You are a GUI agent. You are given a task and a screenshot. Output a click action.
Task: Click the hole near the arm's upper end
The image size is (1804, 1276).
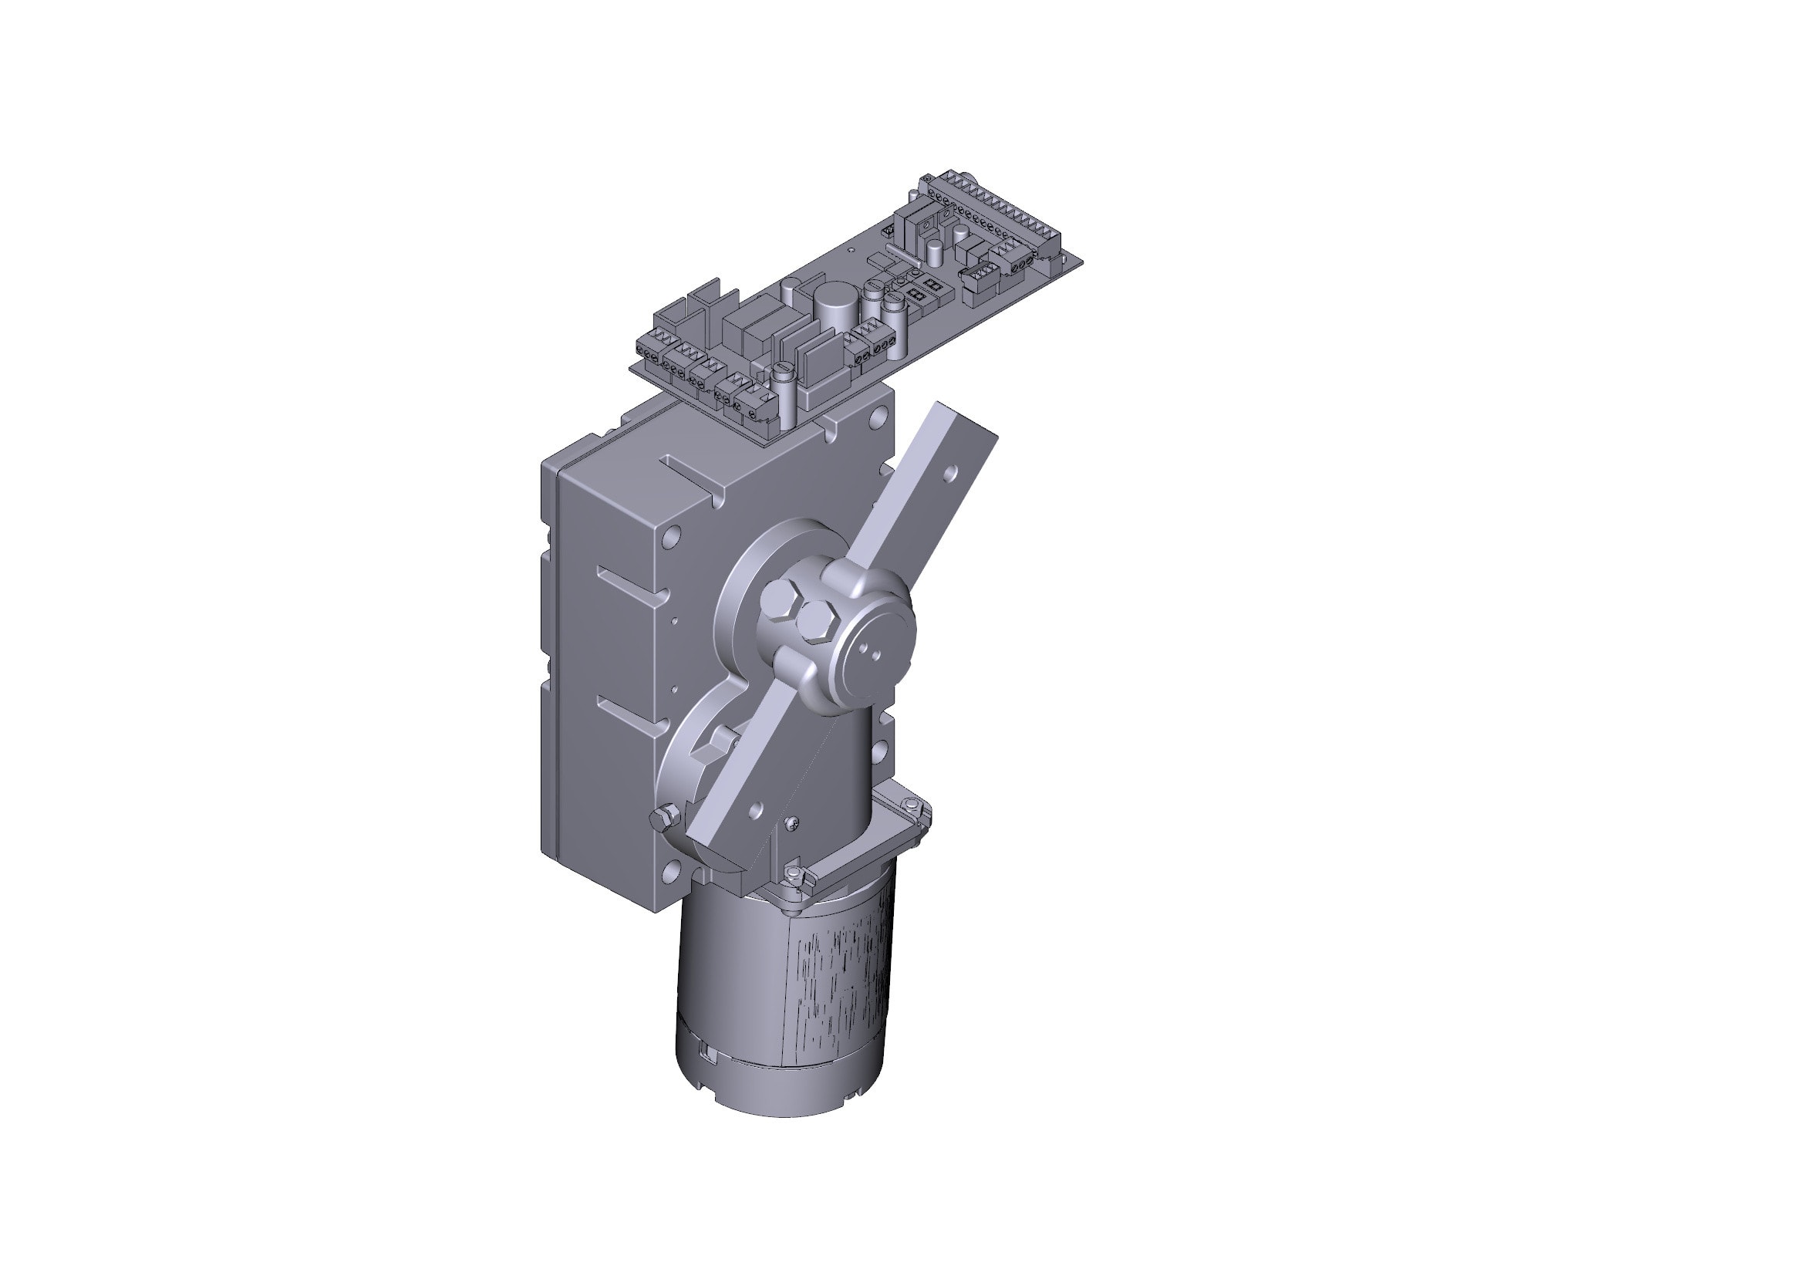(x=952, y=472)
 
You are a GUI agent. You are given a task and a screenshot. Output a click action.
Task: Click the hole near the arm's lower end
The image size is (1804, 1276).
(x=756, y=808)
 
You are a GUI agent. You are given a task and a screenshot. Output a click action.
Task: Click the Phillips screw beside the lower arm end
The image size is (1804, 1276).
(x=793, y=822)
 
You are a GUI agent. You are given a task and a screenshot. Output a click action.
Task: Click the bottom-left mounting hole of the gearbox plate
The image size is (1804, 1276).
(x=670, y=870)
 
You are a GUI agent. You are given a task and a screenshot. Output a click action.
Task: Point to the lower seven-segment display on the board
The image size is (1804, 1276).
(x=915, y=295)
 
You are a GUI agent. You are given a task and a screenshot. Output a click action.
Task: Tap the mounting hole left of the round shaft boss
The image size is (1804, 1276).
(x=671, y=539)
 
